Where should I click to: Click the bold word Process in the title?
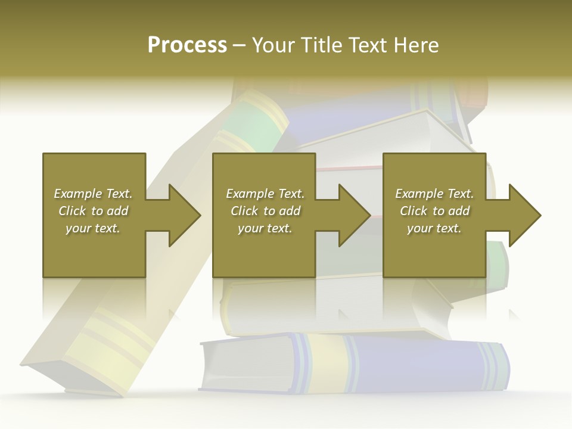click(187, 45)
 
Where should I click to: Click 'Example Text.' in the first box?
click(93, 194)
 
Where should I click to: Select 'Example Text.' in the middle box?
click(265, 194)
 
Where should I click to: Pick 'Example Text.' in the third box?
click(434, 194)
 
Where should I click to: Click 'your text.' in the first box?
click(93, 228)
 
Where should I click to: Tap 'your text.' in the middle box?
click(265, 228)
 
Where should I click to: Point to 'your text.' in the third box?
click(434, 228)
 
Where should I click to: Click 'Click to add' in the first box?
click(93, 211)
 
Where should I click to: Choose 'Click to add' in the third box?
click(434, 211)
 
